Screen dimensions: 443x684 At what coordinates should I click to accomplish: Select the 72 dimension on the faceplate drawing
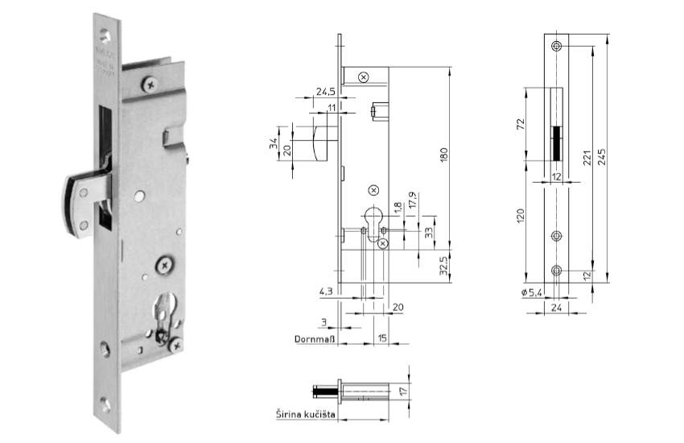(522, 125)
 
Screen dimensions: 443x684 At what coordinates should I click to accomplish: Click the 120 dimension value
(522, 216)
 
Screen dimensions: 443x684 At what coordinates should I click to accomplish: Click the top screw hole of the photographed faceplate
(104, 34)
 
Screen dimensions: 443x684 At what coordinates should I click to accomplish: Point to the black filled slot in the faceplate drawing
(556, 143)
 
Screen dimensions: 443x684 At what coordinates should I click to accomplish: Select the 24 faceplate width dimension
(556, 307)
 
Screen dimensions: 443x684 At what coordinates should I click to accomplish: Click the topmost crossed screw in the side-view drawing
(364, 77)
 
